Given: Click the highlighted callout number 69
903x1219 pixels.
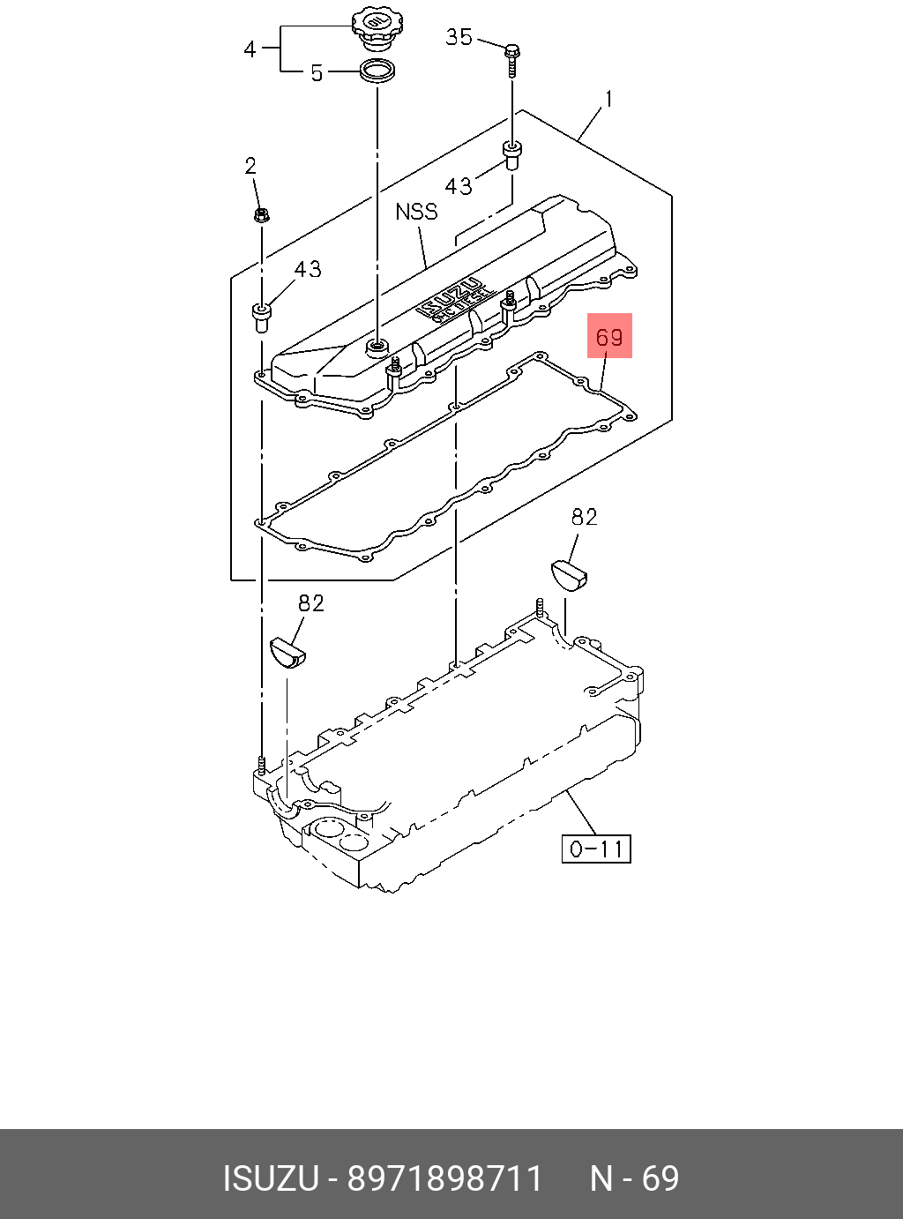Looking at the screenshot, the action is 609,336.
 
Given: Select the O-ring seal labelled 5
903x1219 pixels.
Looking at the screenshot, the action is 377,71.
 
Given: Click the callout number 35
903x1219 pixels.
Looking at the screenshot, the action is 459,37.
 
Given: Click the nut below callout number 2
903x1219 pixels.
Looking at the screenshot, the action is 261,214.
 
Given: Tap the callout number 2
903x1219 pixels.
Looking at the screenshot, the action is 250,166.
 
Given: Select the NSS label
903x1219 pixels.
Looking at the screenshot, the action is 416,212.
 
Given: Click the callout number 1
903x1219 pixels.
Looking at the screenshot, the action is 608,99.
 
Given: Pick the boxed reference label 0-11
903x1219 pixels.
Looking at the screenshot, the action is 597,849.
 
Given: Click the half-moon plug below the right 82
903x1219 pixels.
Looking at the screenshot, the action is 569,574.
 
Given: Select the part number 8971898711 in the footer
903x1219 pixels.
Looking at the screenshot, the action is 444,1178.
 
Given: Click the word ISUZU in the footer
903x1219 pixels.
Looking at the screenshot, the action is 270,1178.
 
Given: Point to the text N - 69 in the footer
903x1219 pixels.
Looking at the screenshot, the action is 634,1178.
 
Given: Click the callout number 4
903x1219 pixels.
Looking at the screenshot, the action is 250,49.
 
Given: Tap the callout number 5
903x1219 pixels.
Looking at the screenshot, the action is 317,73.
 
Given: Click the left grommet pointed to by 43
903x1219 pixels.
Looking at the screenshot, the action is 261,315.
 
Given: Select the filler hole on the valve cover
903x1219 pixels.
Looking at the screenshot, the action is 378,344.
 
